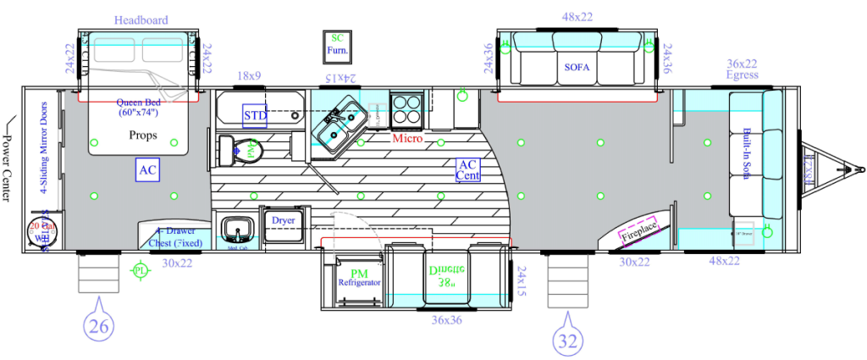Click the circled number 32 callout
point(565,341)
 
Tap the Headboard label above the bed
point(141,19)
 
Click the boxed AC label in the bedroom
point(147,170)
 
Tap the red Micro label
point(407,136)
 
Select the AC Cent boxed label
point(467,169)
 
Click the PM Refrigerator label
point(359,277)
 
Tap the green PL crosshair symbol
point(139,270)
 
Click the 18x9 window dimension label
point(248,75)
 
